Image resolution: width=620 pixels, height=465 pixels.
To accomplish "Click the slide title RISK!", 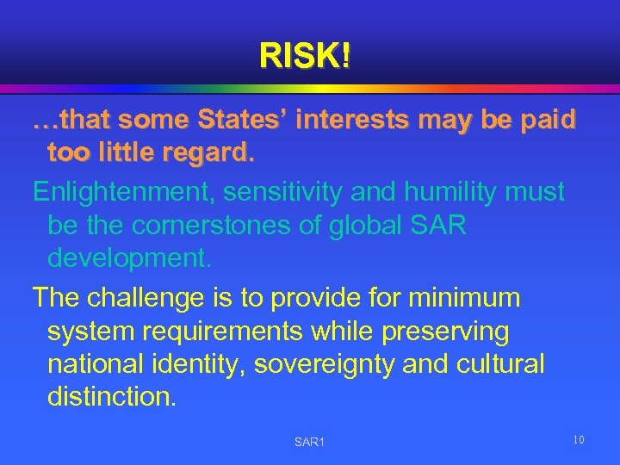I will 305,57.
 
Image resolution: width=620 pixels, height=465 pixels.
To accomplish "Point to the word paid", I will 542,121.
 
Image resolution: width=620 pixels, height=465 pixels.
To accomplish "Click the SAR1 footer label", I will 309,442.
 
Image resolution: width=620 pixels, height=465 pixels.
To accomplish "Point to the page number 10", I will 579,441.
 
